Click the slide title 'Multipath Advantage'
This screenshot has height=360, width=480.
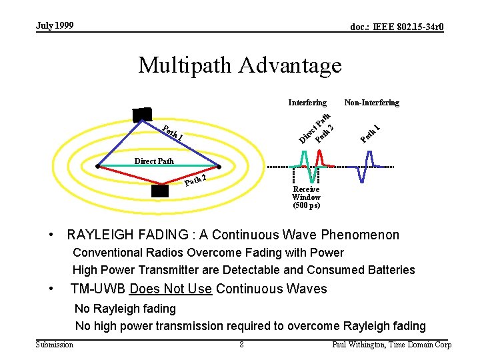(x=239, y=65)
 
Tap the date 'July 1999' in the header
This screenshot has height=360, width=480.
(x=55, y=26)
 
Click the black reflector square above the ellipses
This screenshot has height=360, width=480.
(x=141, y=114)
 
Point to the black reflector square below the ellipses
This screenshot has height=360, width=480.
(x=159, y=191)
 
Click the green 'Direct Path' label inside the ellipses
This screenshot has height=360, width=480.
(x=154, y=161)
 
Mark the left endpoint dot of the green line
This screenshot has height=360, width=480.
(x=97, y=165)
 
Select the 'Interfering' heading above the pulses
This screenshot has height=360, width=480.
(x=307, y=103)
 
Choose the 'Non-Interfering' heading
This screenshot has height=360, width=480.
(x=371, y=103)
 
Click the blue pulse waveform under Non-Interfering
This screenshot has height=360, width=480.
(x=364, y=167)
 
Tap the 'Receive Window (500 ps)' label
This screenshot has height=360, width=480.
(x=306, y=197)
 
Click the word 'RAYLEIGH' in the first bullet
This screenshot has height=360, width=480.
(x=97, y=235)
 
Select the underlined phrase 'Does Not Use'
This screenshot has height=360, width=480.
(x=171, y=289)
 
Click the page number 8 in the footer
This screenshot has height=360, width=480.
(x=241, y=345)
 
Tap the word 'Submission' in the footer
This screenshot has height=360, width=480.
(x=55, y=345)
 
